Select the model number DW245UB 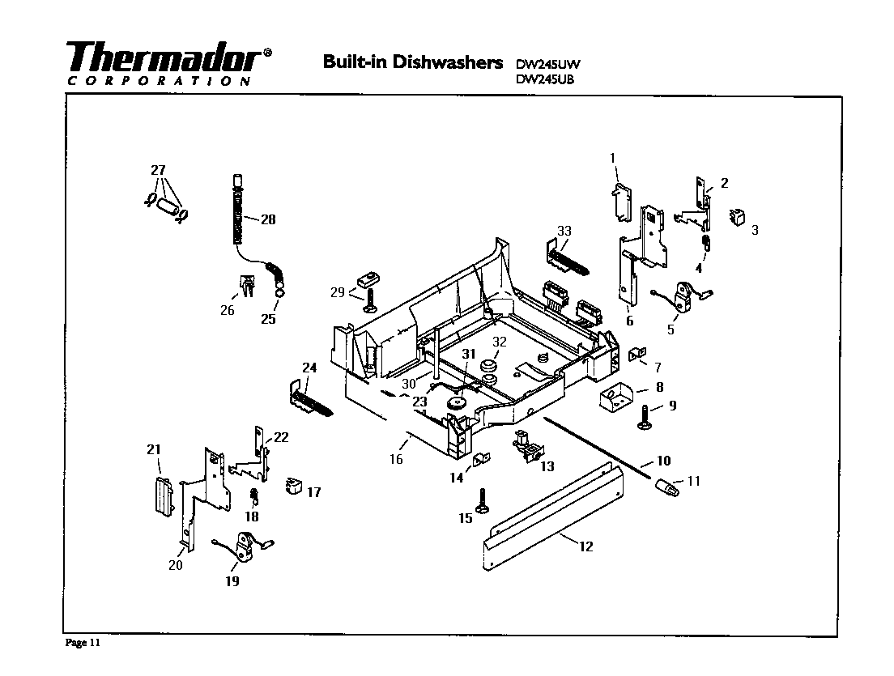pyautogui.click(x=545, y=79)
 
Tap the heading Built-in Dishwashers pyautogui.click(x=413, y=62)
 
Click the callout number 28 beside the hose pyautogui.click(x=268, y=219)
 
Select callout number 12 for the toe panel pyautogui.click(x=585, y=546)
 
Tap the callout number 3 pyautogui.click(x=755, y=230)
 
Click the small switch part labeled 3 pyautogui.click(x=736, y=218)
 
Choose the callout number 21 pyautogui.click(x=153, y=449)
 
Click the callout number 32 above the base pyautogui.click(x=500, y=341)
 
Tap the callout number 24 pyautogui.click(x=309, y=368)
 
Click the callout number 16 pyautogui.click(x=395, y=459)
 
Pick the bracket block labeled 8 pyautogui.click(x=618, y=397)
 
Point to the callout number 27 pyautogui.click(x=158, y=170)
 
